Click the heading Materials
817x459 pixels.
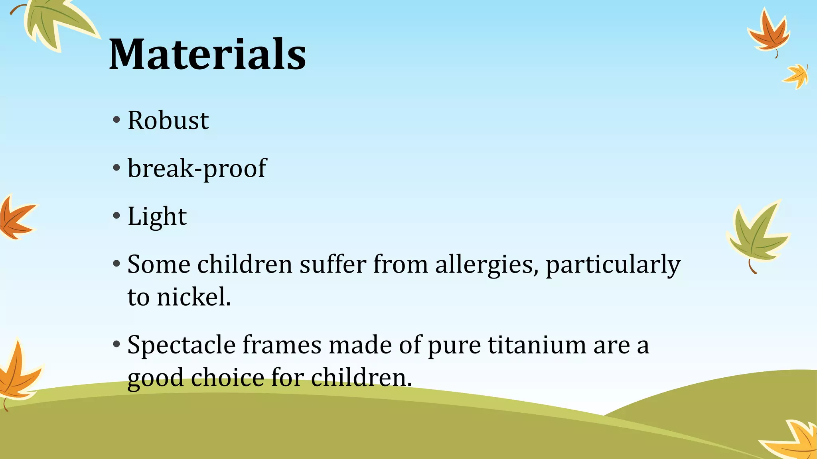coord(207,54)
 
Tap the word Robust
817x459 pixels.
coord(168,120)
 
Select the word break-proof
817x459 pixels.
coord(197,169)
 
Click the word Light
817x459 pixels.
coord(157,217)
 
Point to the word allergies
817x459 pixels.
coord(484,265)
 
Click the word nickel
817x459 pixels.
coord(193,297)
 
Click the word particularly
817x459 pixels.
coord(613,265)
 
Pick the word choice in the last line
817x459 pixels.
coord(227,377)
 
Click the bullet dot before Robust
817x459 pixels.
coord(116,120)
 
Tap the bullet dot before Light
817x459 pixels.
coord(116,216)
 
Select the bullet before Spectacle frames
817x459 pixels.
coord(116,344)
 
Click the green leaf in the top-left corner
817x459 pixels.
coord(56,24)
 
